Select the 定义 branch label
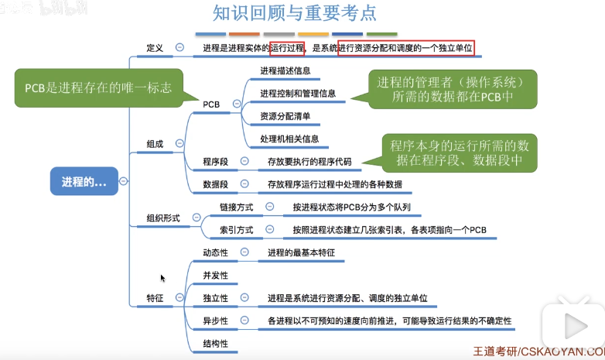(x=155, y=48)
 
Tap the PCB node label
(x=211, y=104)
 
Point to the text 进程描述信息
(x=286, y=71)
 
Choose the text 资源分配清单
(x=285, y=116)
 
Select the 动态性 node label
(x=215, y=252)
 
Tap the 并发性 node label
(x=215, y=275)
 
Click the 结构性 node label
(x=215, y=343)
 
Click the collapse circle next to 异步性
(x=244, y=321)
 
